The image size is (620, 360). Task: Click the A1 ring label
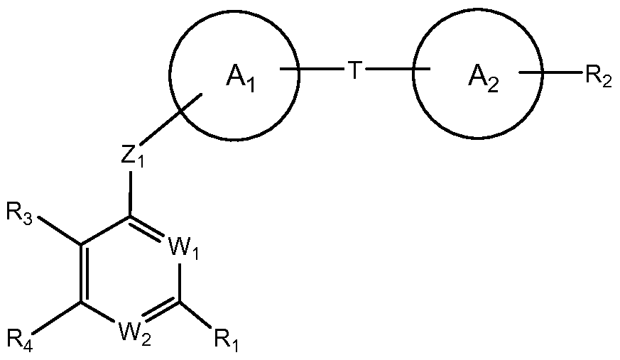[241, 78]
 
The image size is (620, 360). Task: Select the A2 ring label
[483, 78]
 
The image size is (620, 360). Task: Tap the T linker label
[354, 70]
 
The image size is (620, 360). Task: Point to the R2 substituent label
[598, 75]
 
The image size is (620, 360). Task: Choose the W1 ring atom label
[183, 249]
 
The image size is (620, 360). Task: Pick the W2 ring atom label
[135, 335]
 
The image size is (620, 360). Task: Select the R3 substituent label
[19, 214]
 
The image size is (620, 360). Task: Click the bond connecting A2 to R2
[550, 72]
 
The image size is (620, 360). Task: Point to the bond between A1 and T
[312, 69]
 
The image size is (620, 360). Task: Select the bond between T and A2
[398, 69]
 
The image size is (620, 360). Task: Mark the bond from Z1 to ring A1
[171, 119]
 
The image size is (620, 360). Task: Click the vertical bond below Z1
[130, 194]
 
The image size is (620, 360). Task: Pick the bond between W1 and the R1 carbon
[179, 283]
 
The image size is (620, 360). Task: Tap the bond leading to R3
[60, 230]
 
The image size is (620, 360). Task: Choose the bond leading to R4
[58, 317]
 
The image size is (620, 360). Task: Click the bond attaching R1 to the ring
[195, 315]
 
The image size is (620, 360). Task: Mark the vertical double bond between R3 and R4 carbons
[84, 273]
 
